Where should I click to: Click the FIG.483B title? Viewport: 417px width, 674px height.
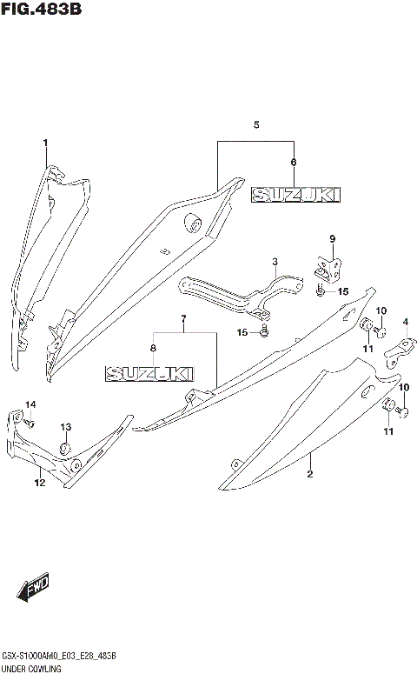point(41,10)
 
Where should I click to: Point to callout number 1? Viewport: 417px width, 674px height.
point(46,143)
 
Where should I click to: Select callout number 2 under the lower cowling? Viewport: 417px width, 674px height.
point(309,474)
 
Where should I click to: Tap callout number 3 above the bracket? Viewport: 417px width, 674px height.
point(275,261)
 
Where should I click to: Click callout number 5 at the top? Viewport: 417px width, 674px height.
point(256,126)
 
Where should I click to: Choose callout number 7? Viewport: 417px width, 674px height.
point(183,319)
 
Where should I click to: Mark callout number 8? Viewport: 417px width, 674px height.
point(154,349)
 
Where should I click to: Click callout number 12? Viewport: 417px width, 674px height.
point(38,482)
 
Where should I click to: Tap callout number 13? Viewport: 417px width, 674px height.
point(65,426)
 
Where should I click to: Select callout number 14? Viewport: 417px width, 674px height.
point(30,404)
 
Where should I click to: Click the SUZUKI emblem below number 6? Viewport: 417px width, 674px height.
point(296,196)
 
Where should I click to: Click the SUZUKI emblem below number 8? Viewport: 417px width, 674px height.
point(149,374)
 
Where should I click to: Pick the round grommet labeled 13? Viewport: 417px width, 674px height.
point(63,448)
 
